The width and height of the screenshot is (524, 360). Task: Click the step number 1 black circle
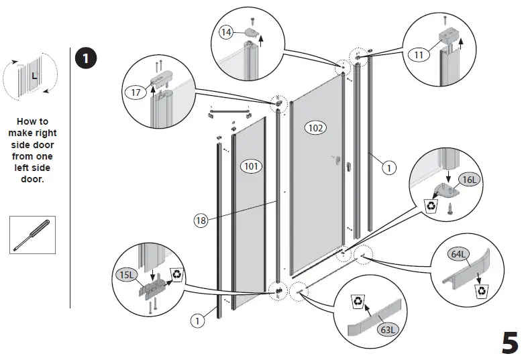tap(85, 58)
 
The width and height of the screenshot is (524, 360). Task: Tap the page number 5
tap(509, 343)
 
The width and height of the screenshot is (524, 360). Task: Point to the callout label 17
tap(136, 93)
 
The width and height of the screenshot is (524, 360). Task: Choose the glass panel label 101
tap(250, 165)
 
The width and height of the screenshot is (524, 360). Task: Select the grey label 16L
tap(468, 180)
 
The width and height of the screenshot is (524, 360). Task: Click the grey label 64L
tap(460, 255)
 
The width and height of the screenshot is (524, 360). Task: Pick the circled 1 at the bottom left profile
tap(198, 321)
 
